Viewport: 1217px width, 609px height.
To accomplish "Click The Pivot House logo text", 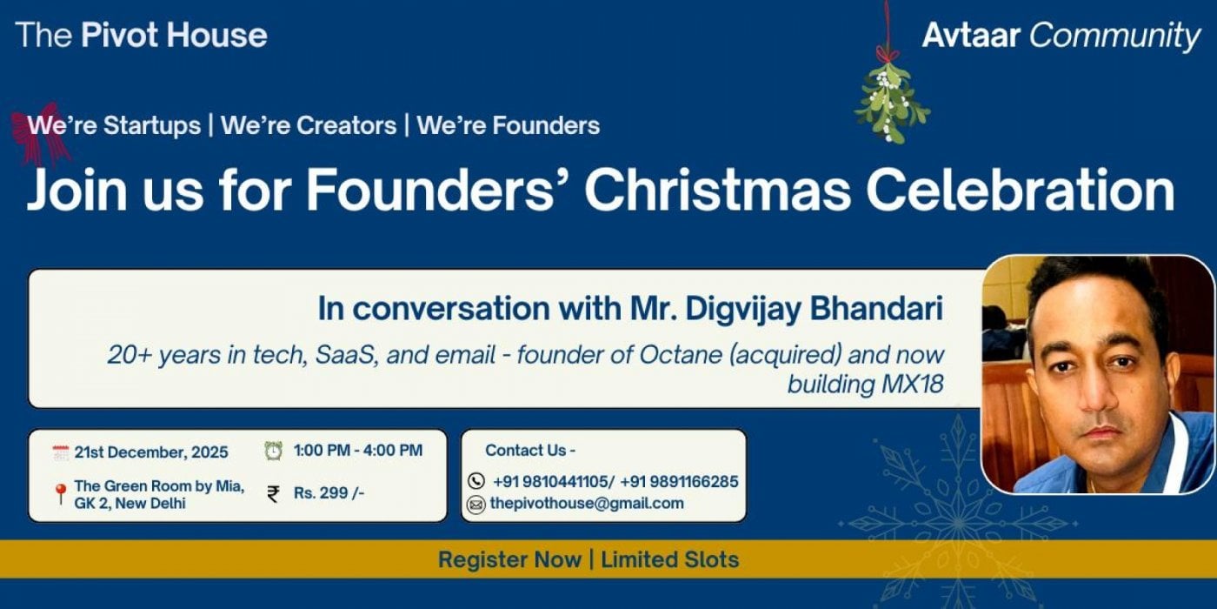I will [141, 35].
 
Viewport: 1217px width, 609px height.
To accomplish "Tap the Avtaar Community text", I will [1061, 36].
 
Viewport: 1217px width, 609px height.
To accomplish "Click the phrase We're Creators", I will [309, 125].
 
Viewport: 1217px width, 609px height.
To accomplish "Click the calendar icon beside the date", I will [60, 452].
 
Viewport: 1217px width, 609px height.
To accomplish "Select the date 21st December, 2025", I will [151, 452].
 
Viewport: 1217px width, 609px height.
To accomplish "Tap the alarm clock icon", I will [273, 451].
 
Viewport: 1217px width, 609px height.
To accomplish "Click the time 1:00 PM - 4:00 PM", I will [358, 451].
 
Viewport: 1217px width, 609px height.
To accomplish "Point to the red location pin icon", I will [60, 494].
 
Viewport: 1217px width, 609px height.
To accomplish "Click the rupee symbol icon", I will [273, 494].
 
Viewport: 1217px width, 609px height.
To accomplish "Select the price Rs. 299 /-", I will [329, 493].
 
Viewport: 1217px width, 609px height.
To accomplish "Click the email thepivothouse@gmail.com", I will [587, 503].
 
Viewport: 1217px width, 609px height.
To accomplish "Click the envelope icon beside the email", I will [475, 504].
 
